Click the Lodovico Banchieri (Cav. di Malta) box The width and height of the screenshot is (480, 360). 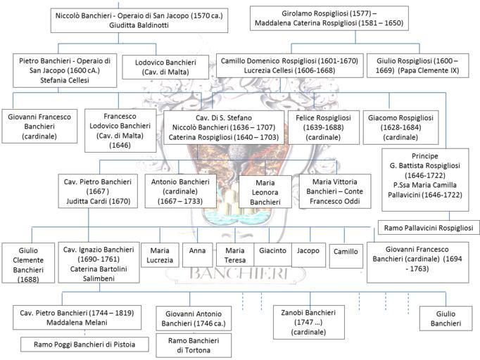click(x=165, y=67)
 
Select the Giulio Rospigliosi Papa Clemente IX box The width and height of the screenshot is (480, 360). click(x=417, y=66)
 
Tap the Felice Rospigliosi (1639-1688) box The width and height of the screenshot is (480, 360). click(x=323, y=127)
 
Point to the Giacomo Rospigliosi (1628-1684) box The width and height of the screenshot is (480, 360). click(x=400, y=127)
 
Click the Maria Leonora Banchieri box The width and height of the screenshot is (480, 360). click(x=265, y=192)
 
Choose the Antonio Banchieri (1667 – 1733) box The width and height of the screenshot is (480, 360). click(x=180, y=191)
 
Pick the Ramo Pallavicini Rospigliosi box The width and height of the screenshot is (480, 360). click(x=429, y=228)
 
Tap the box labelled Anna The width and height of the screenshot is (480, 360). click(x=198, y=255)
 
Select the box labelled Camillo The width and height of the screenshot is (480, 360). click(x=346, y=256)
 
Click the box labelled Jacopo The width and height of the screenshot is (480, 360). click(x=308, y=255)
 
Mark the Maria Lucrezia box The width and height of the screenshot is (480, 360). click(x=160, y=255)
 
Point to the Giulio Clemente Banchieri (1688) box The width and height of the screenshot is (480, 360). click(x=28, y=263)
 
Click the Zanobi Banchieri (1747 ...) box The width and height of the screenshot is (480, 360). click(x=308, y=322)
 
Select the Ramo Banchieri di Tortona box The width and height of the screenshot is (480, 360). click(x=194, y=345)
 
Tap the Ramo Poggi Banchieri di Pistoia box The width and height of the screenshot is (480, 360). click(x=84, y=345)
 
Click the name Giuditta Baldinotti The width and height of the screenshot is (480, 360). click(x=139, y=25)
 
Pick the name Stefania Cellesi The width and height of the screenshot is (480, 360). click(x=65, y=80)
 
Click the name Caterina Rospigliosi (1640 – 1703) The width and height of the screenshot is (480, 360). click(x=224, y=137)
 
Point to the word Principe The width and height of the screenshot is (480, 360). click(x=425, y=156)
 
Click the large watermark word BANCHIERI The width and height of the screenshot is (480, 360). click(x=239, y=273)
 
